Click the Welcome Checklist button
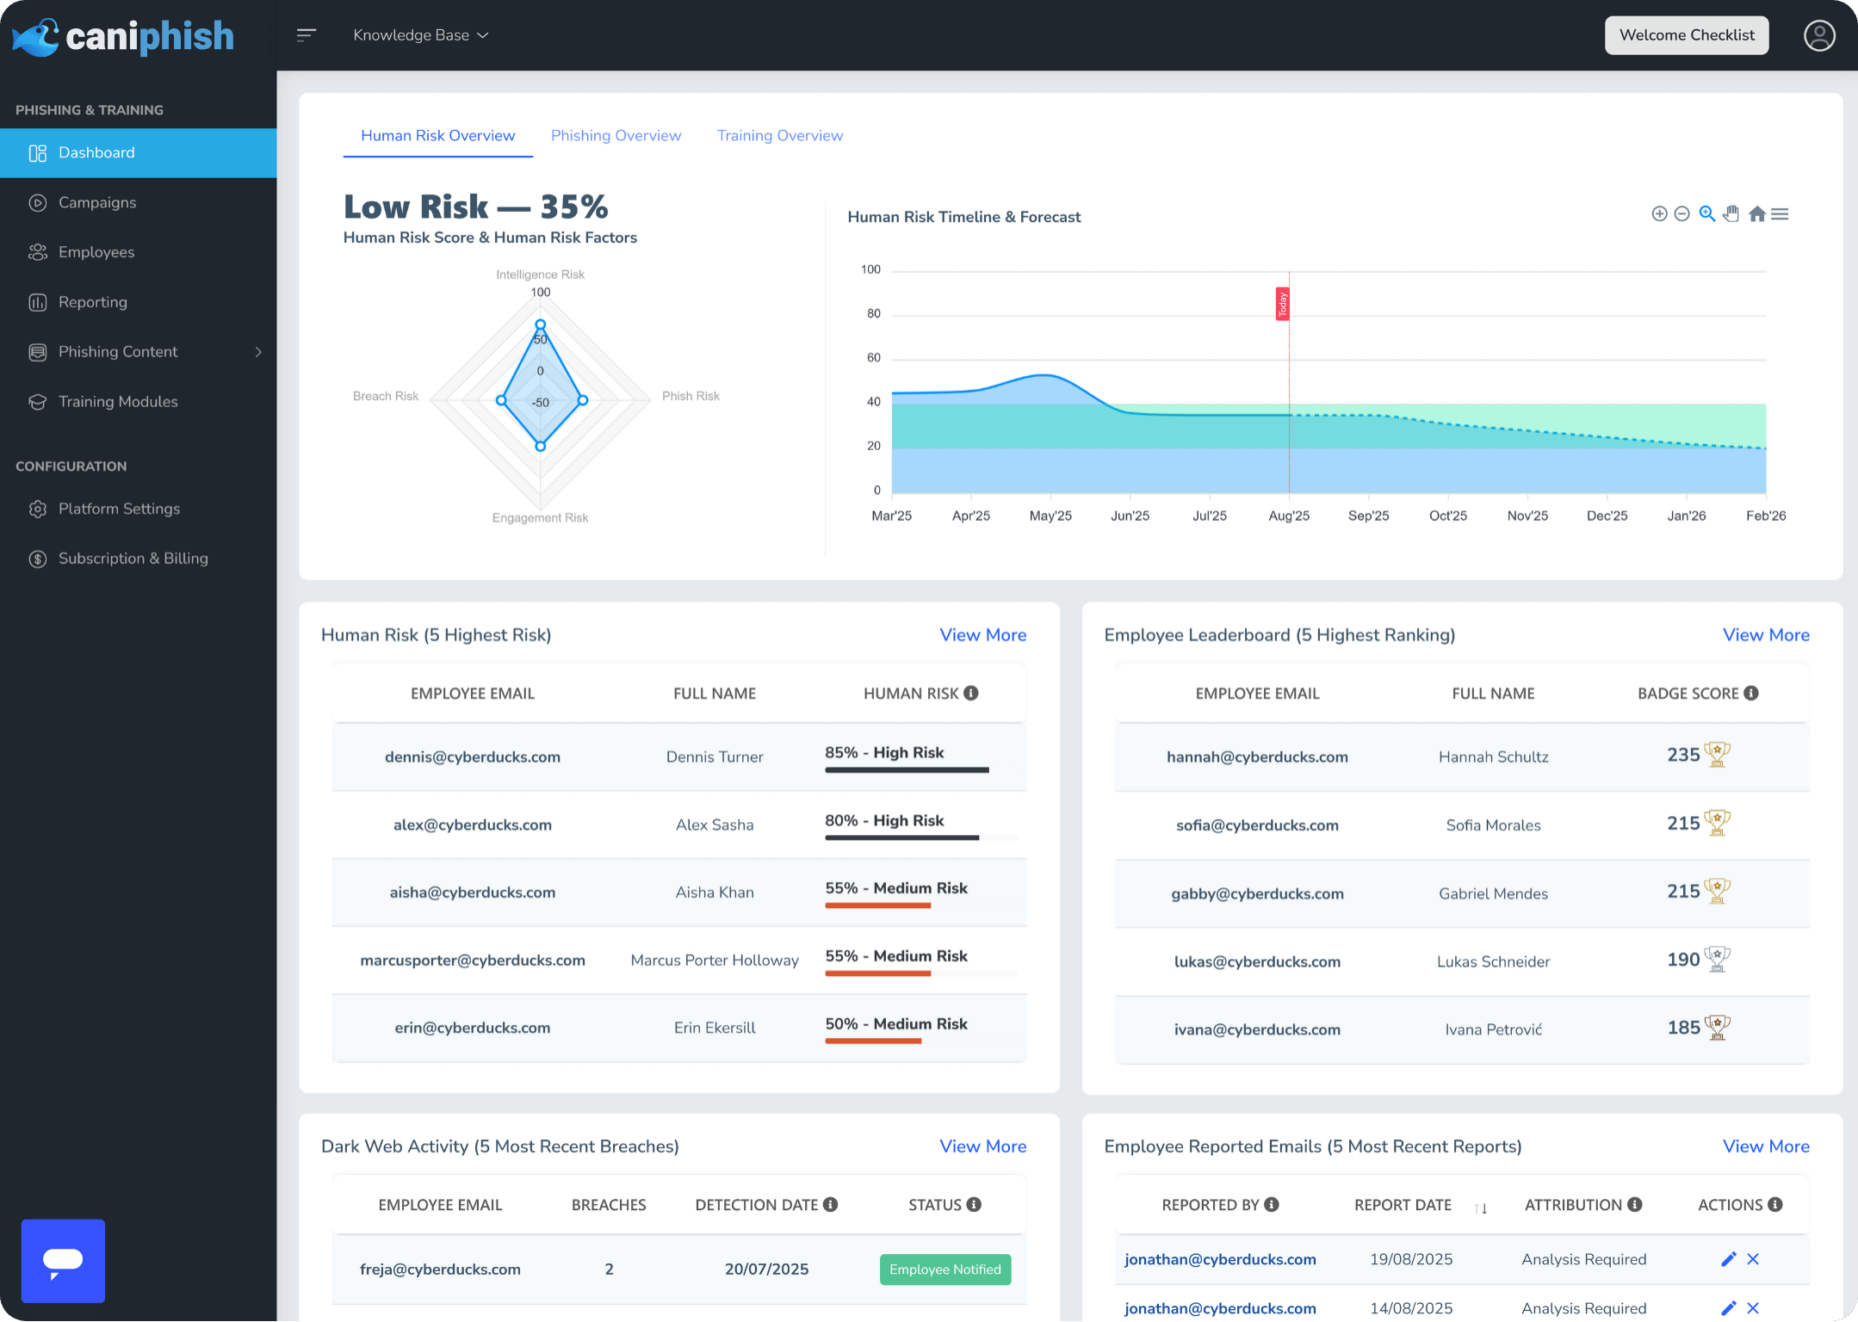point(1686,35)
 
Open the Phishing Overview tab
point(616,135)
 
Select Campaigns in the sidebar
point(97,202)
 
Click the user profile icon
point(1818,35)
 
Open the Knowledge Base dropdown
point(420,35)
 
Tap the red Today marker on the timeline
point(1282,304)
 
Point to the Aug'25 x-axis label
point(1288,516)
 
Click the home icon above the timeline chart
point(1756,213)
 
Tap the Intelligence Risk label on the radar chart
point(540,275)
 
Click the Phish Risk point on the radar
point(583,400)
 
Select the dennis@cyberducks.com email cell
point(472,757)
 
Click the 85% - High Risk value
point(884,752)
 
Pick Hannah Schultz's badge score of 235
point(1682,755)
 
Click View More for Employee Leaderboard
point(1765,635)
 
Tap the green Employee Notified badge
point(944,1269)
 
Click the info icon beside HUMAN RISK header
point(971,693)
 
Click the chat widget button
point(63,1260)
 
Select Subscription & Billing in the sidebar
point(133,559)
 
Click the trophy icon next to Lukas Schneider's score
point(1717,958)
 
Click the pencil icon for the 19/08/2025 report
point(1727,1259)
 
